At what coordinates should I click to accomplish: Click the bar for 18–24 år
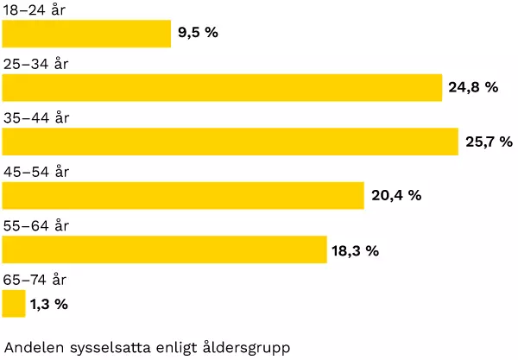point(86,34)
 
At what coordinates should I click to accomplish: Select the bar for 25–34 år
point(222,87)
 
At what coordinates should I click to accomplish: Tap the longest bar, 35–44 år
point(230,142)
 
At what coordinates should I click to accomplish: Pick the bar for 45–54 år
point(183,195)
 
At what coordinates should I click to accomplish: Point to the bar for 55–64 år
point(164,249)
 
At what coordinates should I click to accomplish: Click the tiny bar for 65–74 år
point(14,303)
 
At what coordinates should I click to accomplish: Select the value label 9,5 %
point(197,35)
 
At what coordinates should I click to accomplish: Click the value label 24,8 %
point(473,87)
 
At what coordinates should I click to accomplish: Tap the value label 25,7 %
point(489,142)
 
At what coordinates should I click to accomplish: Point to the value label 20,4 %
point(396,195)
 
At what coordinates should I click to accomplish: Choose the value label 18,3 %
point(355,250)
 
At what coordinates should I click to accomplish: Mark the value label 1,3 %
point(48,304)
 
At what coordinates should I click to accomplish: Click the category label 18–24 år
point(35,10)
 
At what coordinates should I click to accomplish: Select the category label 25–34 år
point(36,64)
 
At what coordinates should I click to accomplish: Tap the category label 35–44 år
point(36,118)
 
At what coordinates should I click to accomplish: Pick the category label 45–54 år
point(36,172)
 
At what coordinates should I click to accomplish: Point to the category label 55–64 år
point(36,226)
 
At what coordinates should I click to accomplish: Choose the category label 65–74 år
point(36,280)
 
